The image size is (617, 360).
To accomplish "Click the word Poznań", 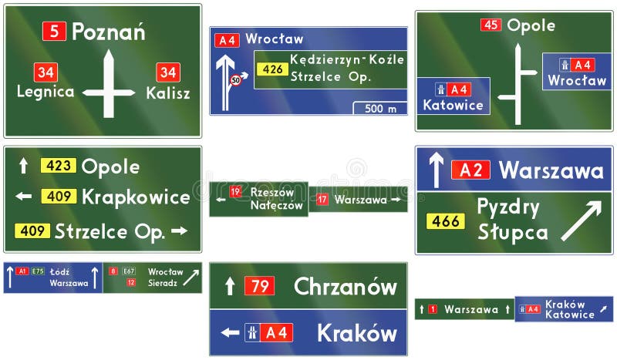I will pos(108,32).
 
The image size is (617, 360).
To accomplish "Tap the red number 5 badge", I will pos(53,32).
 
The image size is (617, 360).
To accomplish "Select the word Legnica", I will pos(46,93).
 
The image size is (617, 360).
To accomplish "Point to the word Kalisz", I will pos(167,93).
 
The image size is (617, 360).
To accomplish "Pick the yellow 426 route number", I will pos(271,69).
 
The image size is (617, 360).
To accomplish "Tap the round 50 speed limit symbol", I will pos(236,79).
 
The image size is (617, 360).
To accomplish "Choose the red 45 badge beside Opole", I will pos(491,25).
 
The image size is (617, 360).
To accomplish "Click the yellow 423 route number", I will pos(59,166).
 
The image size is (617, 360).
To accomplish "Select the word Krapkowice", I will pos(135,197).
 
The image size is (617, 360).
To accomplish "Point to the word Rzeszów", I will pos(272,193).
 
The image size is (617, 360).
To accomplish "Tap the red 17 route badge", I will pos(322,200).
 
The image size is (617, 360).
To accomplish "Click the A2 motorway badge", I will pos(470,170).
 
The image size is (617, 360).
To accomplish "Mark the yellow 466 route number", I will pos(446,221).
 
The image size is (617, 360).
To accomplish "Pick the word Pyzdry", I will pos(507,207).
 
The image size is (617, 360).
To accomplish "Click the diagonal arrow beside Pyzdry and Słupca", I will pos(581,220).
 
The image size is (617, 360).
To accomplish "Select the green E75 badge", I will pos(38,271).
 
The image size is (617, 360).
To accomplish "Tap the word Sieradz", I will pos(163,283).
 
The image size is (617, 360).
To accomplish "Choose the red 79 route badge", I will pos(259,287).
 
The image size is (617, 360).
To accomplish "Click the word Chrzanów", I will pos(345,287).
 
